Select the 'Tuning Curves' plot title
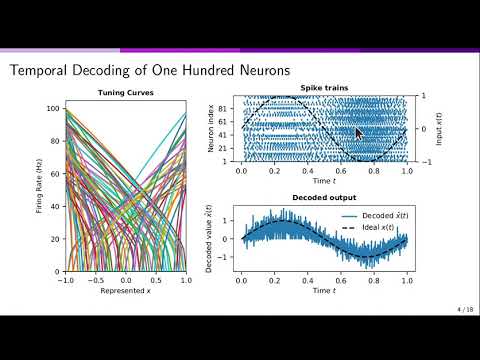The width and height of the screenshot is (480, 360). pyautogui.click(x=124, y=94)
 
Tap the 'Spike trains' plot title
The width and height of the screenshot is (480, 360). pyautogui.click(x=322, y=88)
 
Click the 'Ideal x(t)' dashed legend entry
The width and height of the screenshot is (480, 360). pyautogui.click(x=373, y=229)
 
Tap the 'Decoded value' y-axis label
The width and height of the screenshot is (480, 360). pyautogui.click(x=207, y=240)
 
